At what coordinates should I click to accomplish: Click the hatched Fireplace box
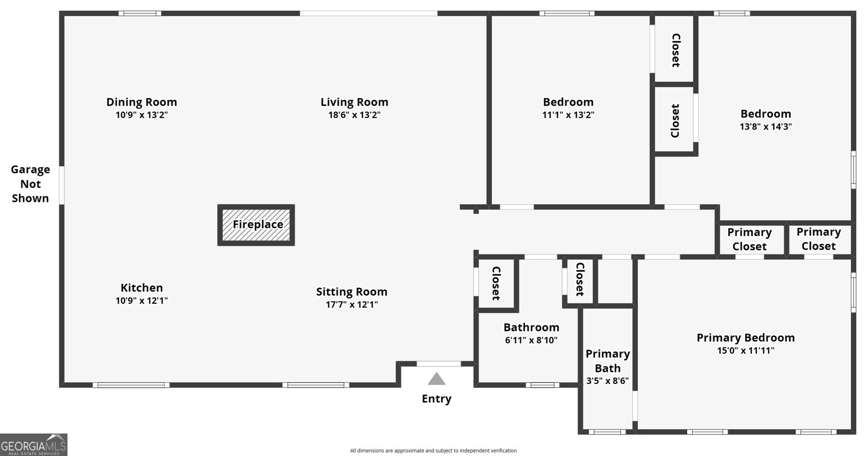coord(256,225)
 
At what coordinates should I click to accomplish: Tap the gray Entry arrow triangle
coord(436,379)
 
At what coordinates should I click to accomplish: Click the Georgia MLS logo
coord(34,445)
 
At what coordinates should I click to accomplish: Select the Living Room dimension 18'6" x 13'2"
coord(354,115)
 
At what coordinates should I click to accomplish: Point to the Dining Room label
coord(141,102)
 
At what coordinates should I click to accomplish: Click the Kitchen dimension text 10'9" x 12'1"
coord(141,301)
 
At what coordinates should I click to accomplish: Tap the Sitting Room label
coord(352,292)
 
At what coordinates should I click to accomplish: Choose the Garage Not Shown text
coord(30,184)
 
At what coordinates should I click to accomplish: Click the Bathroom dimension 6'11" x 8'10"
coord(531,340)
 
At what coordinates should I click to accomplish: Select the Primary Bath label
coord(607,361)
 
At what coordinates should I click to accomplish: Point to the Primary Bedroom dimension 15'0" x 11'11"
coord(746,350)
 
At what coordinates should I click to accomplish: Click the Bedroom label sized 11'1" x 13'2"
coord(568,102)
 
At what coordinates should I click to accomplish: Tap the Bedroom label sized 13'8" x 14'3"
coord(766,114)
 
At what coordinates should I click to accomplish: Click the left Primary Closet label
coord(749,239)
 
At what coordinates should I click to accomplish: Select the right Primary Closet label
coord(818,239)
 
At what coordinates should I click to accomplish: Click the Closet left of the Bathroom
coord(495,283)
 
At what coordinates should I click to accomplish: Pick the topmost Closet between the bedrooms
coord(675,50)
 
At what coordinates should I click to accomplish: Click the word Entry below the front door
coord(436,399)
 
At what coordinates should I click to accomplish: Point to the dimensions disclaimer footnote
coord(433,451)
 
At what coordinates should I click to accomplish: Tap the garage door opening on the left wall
coord(62,185)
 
